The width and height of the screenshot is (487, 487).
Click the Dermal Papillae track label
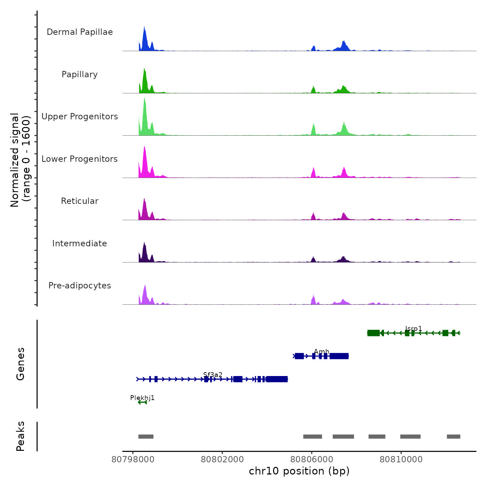click(x=80, y=32)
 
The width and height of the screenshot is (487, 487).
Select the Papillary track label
click(x=80, y=74)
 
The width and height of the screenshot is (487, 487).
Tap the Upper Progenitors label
click(x=80, y=117)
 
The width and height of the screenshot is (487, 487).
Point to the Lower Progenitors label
click(x=80, y=159)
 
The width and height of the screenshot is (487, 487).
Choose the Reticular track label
click(x=80, y=201)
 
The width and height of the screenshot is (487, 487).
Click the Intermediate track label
click(x=80, y=243)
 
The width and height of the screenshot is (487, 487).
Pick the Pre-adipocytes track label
click(x=80, y=286)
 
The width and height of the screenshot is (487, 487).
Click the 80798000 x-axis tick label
click(x=133, y=460)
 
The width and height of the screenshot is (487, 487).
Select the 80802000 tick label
click(x=222, y=460)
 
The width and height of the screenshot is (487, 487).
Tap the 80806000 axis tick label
click(x=312, y=460)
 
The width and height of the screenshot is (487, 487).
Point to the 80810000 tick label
click(x=401, y=460)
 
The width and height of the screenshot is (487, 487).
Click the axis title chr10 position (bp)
click(x=299, y=471)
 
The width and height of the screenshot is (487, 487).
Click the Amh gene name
click(x=321, y=352)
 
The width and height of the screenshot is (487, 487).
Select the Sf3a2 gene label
click(x=213, y=375)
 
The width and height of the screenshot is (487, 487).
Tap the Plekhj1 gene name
click(x=142, y=398)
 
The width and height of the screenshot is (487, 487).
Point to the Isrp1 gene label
click(x=414, y=329)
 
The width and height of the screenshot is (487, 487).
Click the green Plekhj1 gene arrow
click(x=142, y=402)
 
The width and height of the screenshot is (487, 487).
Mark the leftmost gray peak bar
click(x=146, y=437)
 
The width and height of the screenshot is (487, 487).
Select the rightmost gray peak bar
click(x=454, y=437)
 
